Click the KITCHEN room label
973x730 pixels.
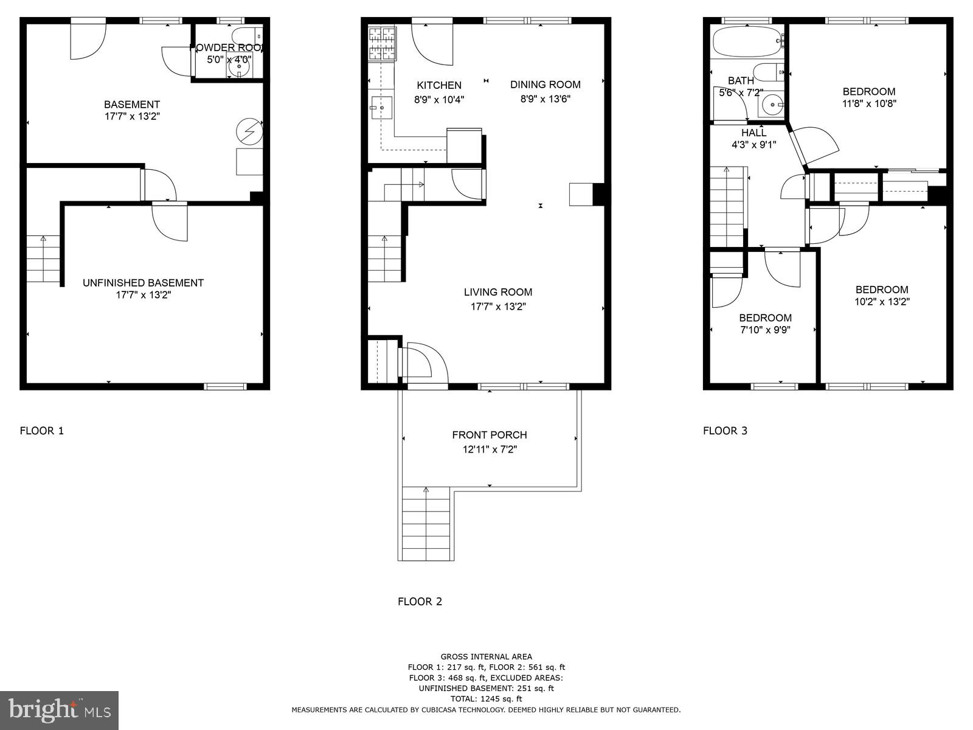pos(438,85)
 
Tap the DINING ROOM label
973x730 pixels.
pos(545,85)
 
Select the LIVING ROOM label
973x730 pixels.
pos(497,292)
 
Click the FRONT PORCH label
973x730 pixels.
pos(489,435)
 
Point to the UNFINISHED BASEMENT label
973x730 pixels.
pos(143,283)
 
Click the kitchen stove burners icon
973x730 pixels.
pos(382,44)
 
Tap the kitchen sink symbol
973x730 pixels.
pos(381,108)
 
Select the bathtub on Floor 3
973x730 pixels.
pos(747,41)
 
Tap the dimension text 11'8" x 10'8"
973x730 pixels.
pos(869,103)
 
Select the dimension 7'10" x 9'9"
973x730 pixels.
pos(765,330)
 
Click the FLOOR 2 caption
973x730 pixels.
pos(420,602)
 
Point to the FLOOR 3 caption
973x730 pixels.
pos(725,431)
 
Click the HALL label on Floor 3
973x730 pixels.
pos(753,133)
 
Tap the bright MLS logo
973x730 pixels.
pos(59,710)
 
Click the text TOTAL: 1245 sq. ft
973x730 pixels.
pos(486,699)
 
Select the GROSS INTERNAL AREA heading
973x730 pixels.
pos(486,656)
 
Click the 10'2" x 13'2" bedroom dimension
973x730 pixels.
pos(882,302)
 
